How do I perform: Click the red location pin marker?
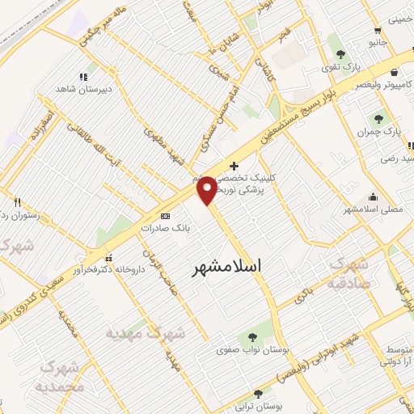coord(207,189)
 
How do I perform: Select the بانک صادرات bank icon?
coord(166,216)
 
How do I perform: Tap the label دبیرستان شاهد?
coord(77,87)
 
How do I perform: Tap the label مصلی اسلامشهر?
coord(373,210)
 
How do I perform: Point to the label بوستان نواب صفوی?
coord(245,351)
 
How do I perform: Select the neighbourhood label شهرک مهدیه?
coord(146,333)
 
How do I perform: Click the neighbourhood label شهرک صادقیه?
coord(349,275)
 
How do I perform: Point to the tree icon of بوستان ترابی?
coord(257,395)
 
